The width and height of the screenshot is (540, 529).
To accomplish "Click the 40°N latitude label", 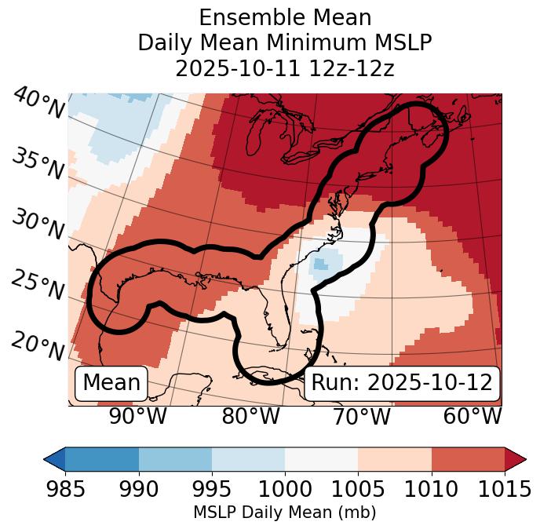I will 38,104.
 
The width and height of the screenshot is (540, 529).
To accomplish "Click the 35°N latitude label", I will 38,164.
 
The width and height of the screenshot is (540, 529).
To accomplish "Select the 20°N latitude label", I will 38,346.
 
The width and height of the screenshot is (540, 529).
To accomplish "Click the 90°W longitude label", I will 137,417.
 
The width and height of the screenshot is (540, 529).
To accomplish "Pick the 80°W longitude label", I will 250,417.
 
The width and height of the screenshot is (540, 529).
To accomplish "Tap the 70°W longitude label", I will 361,417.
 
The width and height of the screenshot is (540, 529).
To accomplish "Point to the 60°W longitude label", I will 472,417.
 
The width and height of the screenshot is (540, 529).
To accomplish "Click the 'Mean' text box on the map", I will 111,383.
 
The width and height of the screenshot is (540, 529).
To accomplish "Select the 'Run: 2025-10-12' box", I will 402,383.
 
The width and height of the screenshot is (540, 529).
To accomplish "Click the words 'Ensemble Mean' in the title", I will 285,17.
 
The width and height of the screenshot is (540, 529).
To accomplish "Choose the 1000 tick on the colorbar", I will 285,490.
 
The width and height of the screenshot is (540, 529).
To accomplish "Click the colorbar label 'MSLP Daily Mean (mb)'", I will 285,513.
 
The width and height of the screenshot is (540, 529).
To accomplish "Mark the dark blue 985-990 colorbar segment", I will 102,459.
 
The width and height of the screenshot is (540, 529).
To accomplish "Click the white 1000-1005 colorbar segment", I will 321,459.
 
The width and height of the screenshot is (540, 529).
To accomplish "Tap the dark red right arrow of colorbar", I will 516,459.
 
